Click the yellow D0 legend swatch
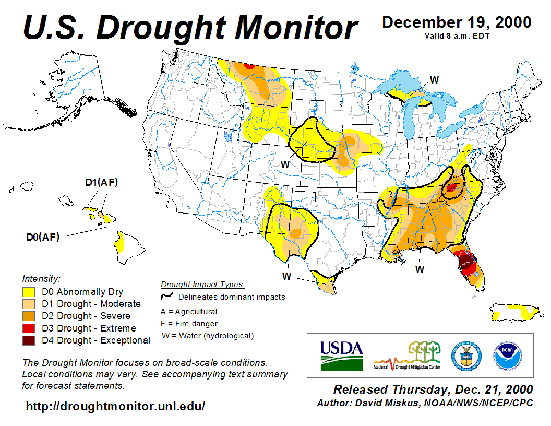tap(28, 292)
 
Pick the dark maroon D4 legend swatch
tap(28, 340)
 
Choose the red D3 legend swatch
tap(28, 328)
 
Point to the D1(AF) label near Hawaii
tap(102, 182)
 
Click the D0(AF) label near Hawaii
tap(43, 237)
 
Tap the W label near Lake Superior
tap(434, 79)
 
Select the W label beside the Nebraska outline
tap(285, 164)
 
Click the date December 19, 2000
tap(457, 22)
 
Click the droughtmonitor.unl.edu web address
tap(115, 406)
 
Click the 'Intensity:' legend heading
tap(41, 279)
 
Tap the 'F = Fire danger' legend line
tap(189, 324)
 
